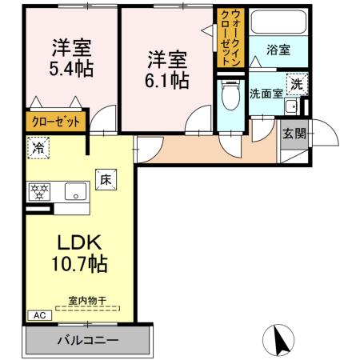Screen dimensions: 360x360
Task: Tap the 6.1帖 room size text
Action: pyautogui.click(x=167, y=80)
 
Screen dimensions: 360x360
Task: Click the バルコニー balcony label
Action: pyautogui.click(x=87, y=340)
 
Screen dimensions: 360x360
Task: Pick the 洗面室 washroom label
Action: pyautogui.click(x=265, y=93)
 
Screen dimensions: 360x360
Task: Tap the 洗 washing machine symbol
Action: pyautogui.click(x=296, y=84)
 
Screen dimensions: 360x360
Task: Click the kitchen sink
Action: pyautogui.click(x=76, y=191)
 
